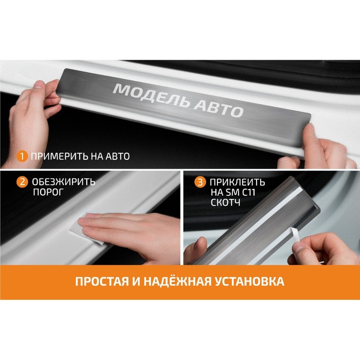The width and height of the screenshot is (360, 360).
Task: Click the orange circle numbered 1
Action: [22, 156]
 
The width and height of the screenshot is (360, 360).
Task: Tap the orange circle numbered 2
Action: [22, 182]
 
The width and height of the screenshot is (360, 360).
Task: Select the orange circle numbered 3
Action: [200, 182]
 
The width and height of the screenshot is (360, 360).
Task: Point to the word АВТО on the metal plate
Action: [218, 109]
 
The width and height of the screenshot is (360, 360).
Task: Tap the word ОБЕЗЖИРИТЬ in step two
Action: [64, 182]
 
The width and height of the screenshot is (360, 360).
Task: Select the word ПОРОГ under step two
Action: [48, 192]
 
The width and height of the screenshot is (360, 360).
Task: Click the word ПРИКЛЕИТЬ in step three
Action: [238, 182]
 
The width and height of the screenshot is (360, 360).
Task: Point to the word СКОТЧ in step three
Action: [225, 203]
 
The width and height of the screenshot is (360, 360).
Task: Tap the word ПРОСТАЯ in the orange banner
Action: [102, 281]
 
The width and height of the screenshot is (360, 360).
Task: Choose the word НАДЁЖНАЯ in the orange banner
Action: [177, 281]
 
